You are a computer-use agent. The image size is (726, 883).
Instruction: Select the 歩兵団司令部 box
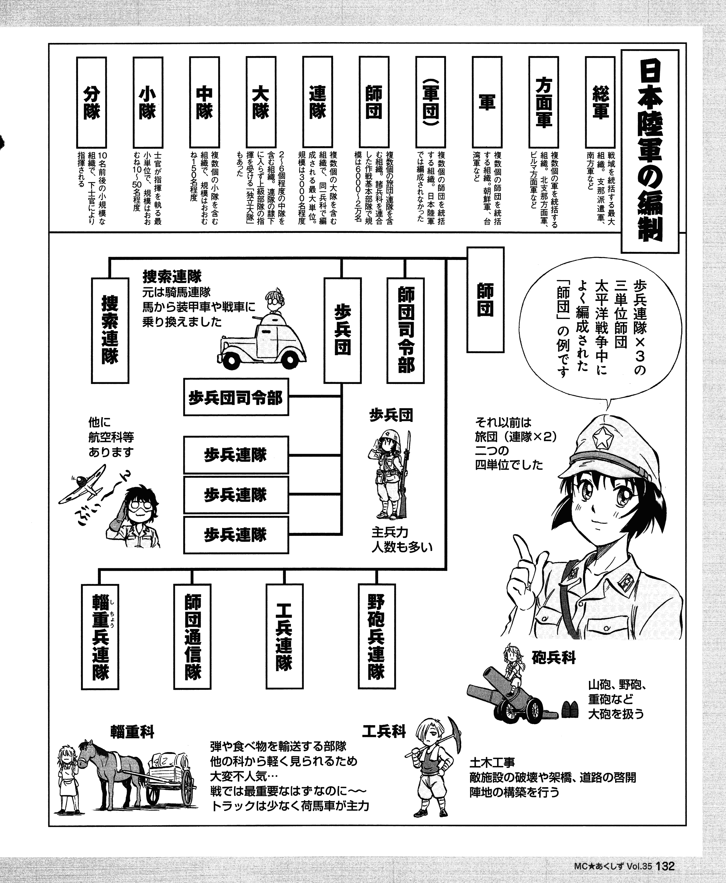click(x=236, y=397)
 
